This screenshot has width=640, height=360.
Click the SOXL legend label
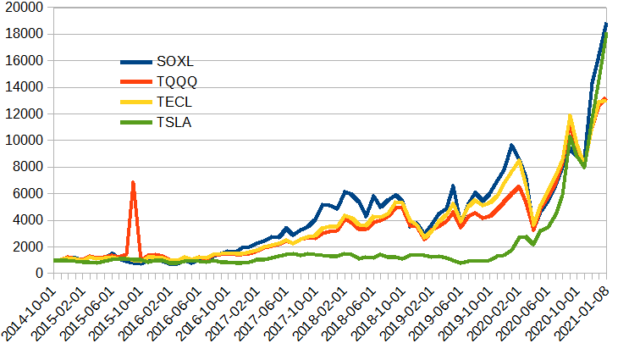[176, 62]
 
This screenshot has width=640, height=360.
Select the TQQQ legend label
[178, 82]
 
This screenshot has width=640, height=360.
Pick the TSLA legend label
[174, 123]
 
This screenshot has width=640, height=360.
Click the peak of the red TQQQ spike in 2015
[133, 182]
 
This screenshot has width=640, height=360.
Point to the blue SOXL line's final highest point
[606, 24]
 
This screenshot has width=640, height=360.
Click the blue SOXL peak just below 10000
[511, 146]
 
